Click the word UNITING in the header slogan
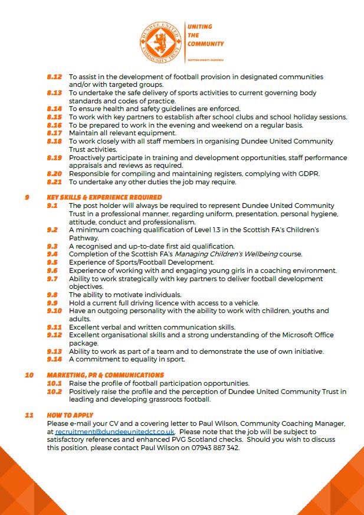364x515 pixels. point(199,27)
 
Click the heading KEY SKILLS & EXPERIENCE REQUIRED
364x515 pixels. point(104,197)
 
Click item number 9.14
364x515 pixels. point(54,359)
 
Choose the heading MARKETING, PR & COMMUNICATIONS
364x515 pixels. point(106,375)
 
